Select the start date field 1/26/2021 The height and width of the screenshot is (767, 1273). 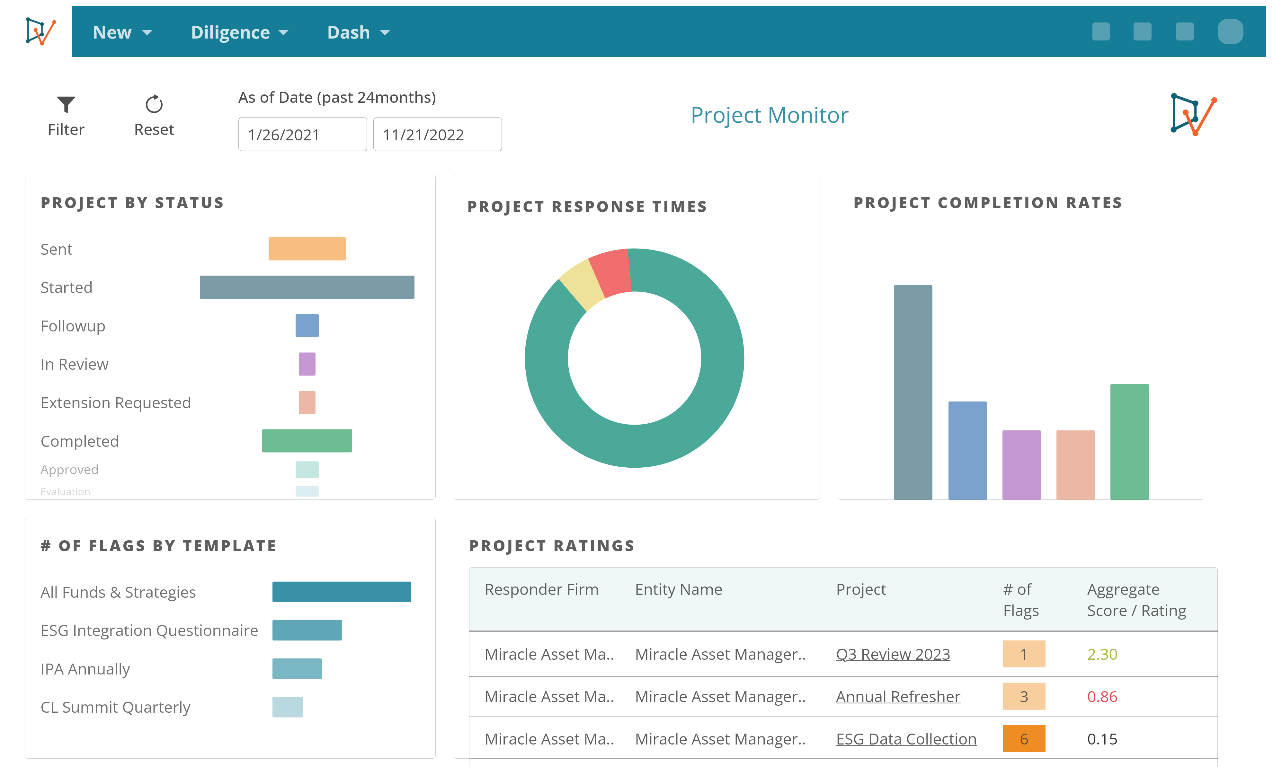[302, 135]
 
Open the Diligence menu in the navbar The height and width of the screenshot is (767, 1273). [239, 32]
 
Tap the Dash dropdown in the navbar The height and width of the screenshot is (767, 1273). [358, 32]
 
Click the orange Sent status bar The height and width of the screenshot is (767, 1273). [307, 249]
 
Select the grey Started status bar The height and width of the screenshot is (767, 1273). [307, 287]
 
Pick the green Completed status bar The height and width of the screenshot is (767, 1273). [307, 441]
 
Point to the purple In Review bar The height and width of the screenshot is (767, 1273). [307, 364]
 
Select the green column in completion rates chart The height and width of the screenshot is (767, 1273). [1129, 442]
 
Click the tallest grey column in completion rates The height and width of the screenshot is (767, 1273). [913, 392]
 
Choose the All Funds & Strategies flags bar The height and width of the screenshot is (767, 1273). [342, 592]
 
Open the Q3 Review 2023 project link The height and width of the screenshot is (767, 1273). [893, 654]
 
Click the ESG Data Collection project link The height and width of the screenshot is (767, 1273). [906, 739]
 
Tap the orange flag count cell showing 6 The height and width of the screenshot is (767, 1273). [1023, 739]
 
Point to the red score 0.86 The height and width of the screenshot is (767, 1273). [1102, 697]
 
